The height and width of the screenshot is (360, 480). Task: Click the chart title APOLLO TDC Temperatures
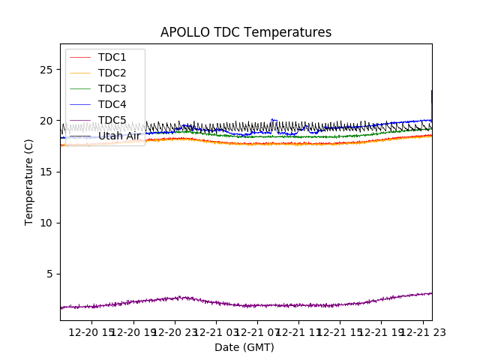tap(246, 32)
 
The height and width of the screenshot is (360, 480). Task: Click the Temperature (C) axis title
tap(29, 181)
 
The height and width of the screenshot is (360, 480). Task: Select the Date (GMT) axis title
tap(244, 347)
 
